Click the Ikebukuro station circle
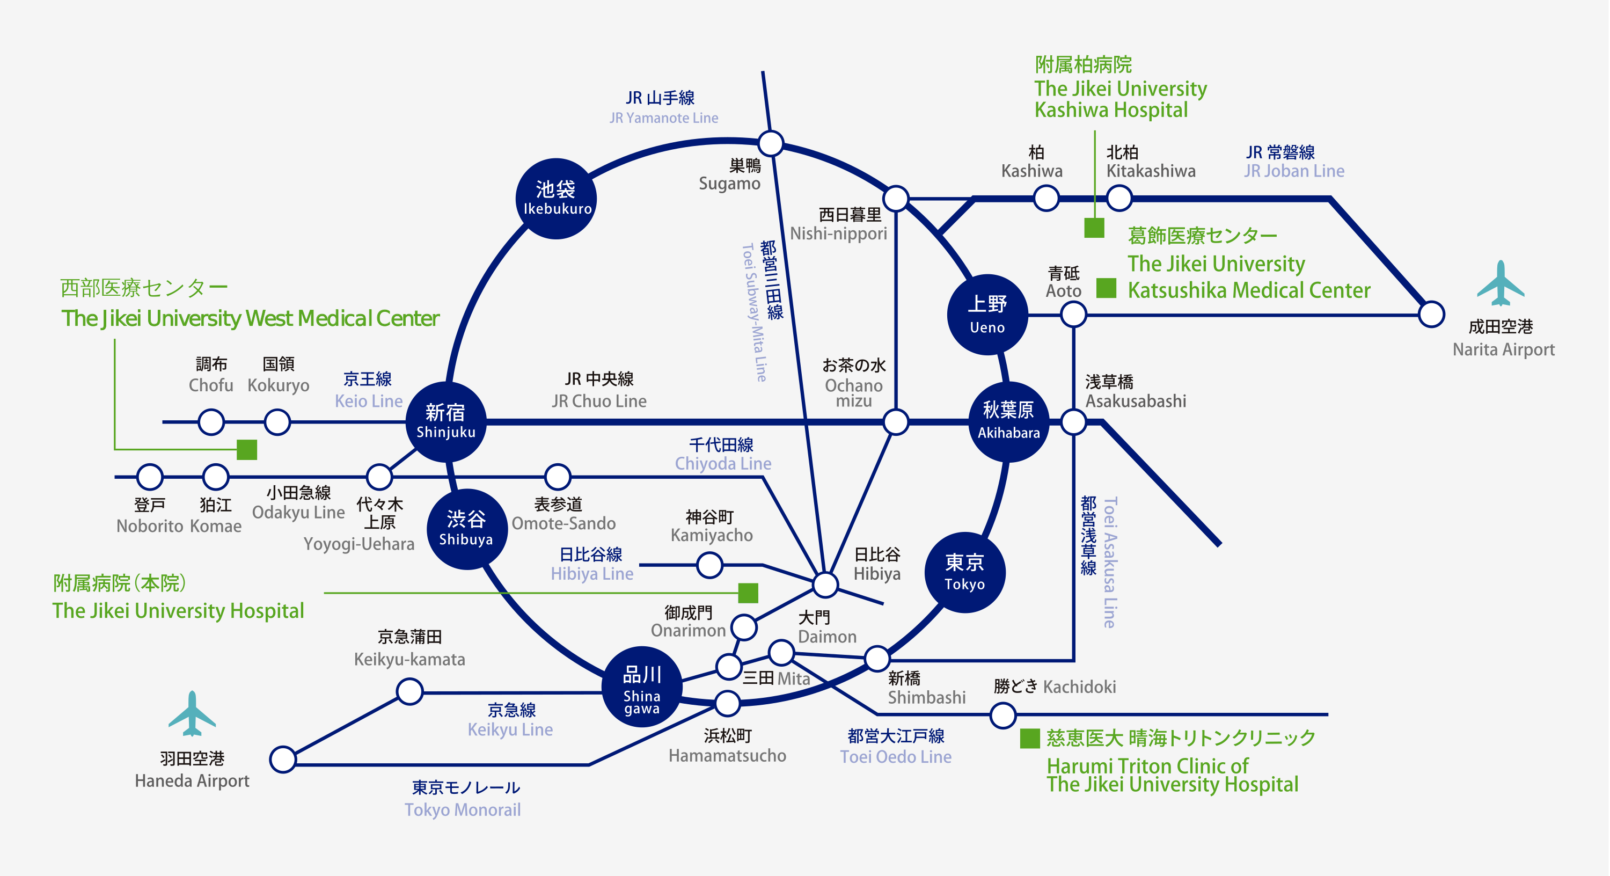555,199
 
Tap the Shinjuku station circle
445,421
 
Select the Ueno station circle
987,314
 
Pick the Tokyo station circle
964,572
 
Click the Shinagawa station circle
642,686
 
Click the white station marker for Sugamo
771,143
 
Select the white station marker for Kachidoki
1003,714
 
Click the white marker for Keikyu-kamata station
410,691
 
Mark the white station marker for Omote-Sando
558,477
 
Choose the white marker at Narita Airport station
1431,314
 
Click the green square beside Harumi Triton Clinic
1029,739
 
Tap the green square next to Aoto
1106,288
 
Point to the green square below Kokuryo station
247,449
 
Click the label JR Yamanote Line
664,118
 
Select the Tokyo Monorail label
463,810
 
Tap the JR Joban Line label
1294,171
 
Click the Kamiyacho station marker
709,565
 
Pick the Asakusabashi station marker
1073,422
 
